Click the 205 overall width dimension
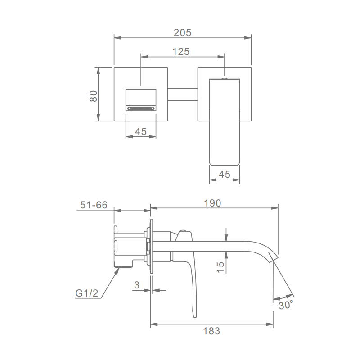coord(182,32)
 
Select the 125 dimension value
coord(181,52)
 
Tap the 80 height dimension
coord(94,96)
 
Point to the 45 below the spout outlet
coord(141,131)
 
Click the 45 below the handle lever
coord(224,175)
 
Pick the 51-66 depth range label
coord(94,205)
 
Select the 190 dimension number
coord(212,203)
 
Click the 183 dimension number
coord(211,331)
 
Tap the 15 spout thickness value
coord(220,267)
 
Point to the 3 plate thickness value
coord(137,285)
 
